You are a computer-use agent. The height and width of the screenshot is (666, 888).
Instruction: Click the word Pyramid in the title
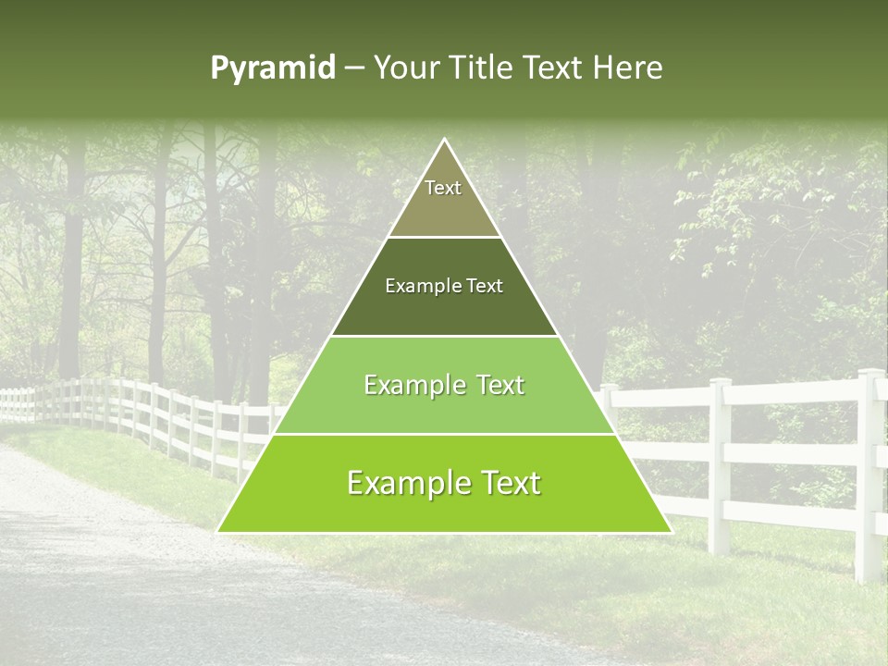(x=272, y=68)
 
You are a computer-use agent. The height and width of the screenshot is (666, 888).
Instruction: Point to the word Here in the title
(x=628, y=68)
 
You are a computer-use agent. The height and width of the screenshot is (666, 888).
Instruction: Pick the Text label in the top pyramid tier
(x=443, y=188)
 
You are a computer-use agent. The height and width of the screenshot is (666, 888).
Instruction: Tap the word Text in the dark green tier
(x=484, y=286)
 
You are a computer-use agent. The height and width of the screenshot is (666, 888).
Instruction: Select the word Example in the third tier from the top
(x=407, y=385)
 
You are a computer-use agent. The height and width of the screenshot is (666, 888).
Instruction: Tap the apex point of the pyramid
(x=444, y=140)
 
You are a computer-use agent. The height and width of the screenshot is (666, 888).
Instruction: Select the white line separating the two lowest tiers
(x=444, y=434)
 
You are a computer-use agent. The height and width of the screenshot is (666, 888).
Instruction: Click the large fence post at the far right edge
(x=869, y=472)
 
